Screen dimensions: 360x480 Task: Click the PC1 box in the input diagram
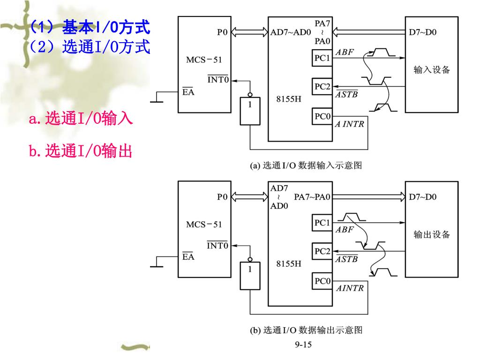pos(322,59)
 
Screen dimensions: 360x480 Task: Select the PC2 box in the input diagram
pos(322,87)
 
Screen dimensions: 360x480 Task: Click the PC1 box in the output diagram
pos(322,222)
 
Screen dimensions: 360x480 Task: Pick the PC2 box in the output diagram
pos(322,251)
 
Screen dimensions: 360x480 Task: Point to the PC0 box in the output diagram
pos(322,281)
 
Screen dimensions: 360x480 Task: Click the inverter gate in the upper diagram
pos(250,111)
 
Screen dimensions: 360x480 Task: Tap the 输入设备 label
pos(431,70)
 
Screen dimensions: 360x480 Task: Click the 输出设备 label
pos(431,234)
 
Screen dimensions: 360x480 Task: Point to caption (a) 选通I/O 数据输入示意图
pos(307,165)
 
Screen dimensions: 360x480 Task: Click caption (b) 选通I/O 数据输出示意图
pos(307,330)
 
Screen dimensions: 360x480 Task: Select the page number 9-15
pos(303,345)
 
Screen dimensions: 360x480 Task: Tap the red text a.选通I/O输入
pos(81,119)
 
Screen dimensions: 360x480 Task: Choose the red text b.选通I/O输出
pos(80,151)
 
